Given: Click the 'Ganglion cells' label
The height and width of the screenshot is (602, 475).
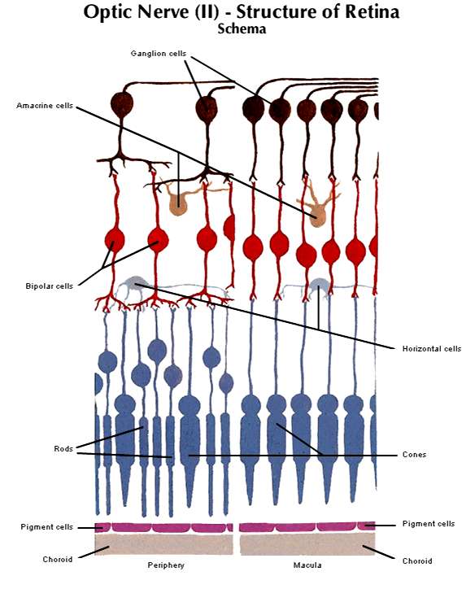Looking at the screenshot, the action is (159, 54).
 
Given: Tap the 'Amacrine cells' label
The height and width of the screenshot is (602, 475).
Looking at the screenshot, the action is (45, 106).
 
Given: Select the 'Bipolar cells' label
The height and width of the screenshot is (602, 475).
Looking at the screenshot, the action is (49, 286).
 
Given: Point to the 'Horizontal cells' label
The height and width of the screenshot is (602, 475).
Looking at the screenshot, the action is (432, 349).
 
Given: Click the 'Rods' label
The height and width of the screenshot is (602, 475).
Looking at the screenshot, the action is (63, 448).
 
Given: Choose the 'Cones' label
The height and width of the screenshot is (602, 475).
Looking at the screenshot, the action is (414, 455).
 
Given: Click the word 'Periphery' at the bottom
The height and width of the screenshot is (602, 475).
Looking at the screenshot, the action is (166, 565).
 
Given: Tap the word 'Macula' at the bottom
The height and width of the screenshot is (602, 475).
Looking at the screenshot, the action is (307, 565).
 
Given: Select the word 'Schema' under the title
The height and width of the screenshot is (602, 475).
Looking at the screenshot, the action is (242, 28).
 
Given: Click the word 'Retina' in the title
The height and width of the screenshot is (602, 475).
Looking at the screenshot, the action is (372, 12).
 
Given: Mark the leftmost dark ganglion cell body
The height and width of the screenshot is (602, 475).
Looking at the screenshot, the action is (122, 103).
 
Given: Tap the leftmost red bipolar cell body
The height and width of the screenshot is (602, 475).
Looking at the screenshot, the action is (115, 240).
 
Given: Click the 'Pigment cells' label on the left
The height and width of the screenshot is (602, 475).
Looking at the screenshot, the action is (46, 527).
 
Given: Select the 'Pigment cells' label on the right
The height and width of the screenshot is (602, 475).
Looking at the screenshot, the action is (429, 524).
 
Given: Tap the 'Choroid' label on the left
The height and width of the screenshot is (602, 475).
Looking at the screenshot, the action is (58, 560).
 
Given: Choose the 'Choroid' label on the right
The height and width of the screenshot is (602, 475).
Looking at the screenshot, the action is (417, 561).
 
